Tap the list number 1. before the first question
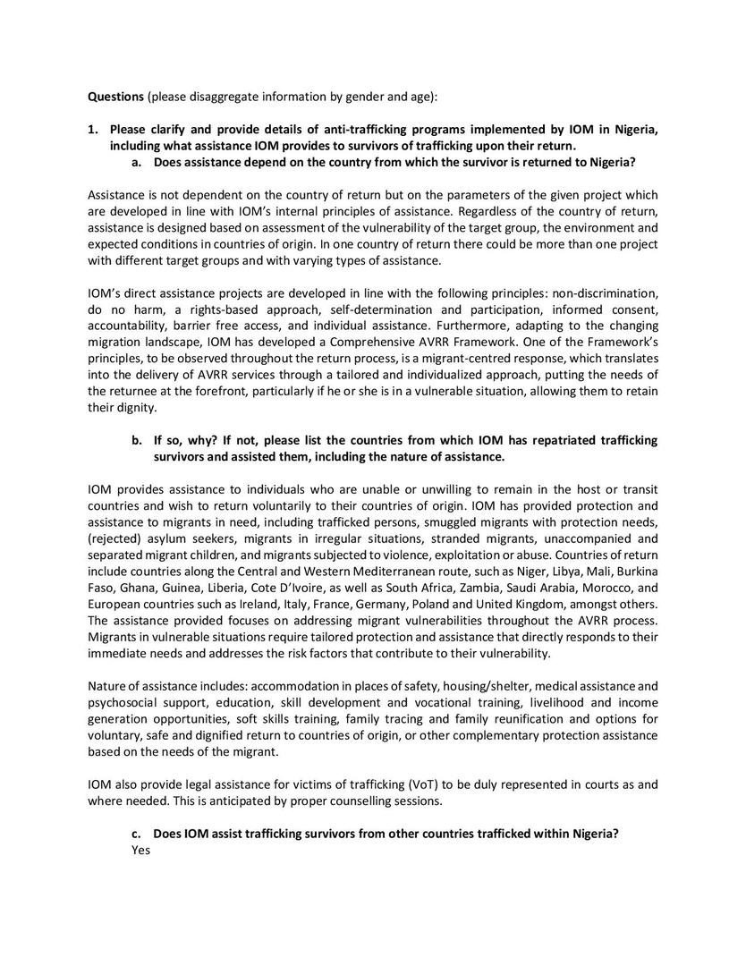coord(93,130)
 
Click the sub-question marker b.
coord(138,440)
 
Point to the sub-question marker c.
coord(137,833)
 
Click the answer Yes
coord(140,850)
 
